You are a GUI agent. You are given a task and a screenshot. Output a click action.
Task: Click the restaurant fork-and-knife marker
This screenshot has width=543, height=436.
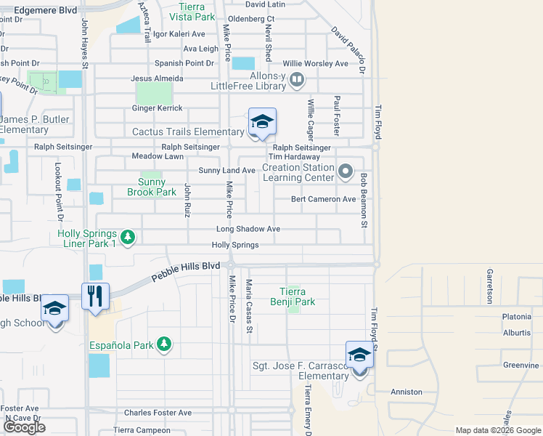tap(95, 296)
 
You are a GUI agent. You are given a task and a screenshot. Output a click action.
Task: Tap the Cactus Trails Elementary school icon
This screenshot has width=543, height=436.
tap(262, 122)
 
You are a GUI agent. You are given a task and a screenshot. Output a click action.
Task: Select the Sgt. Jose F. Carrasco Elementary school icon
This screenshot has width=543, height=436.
tap(359, 355)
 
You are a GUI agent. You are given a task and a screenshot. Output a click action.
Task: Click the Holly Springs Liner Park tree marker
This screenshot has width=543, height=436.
tap(128, 237)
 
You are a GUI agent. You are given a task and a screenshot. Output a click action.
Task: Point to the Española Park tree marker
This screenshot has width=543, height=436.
tap(165, 344)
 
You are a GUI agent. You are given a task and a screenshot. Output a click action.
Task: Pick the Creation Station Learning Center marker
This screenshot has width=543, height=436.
tap(346, 172)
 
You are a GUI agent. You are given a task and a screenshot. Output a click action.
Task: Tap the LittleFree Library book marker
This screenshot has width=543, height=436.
tap(296, 79)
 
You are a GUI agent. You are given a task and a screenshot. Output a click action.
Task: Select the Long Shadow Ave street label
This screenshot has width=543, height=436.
tap(248, 229)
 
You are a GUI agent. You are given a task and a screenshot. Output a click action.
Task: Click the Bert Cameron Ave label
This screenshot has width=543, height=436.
tap(323, 199)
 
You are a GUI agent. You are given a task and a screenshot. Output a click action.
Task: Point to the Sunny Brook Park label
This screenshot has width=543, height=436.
tap(152, 187)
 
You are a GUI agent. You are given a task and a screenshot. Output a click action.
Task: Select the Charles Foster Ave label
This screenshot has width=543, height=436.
tap(158, 413)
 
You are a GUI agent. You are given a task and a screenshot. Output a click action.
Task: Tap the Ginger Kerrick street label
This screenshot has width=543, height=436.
tap(157, 108)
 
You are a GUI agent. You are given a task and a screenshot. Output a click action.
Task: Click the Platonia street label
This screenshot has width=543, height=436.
tap(516, 317)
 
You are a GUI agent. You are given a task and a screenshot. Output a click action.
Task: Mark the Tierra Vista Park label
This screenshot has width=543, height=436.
tap(192, 11)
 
